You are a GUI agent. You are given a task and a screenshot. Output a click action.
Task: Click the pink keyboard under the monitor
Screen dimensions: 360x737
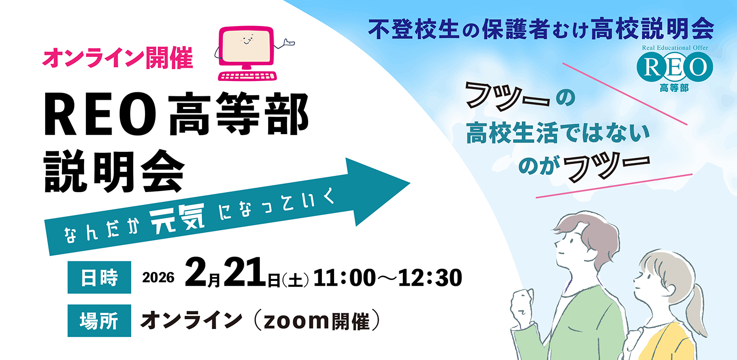click(x=247, y=76)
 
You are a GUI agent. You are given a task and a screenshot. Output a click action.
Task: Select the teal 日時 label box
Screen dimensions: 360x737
click(x=99, y=277)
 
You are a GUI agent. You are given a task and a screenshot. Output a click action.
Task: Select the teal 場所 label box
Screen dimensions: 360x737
click(x=99, y=321)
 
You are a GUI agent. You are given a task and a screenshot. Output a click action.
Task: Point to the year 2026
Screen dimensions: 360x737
click(x=158, y=278)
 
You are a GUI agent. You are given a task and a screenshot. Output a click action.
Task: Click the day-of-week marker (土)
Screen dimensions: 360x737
click(x=295, y=280)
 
